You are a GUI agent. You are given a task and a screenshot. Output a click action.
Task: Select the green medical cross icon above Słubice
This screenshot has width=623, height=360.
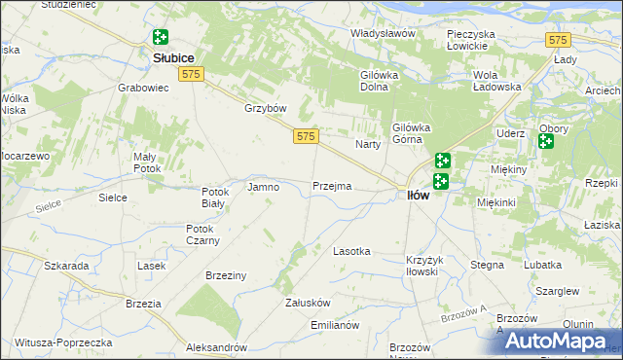click(160, 38)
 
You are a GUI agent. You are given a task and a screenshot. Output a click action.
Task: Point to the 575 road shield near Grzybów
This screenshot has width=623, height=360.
click(304, 138)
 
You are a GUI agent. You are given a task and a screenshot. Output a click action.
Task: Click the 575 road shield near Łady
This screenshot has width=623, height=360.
click(557, 40)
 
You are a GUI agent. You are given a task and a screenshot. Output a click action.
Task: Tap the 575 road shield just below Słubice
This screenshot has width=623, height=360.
click(191, 75)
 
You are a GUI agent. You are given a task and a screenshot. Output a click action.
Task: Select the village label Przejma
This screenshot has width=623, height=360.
click(332, 186)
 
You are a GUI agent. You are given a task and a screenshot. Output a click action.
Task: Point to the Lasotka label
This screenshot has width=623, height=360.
click(351, 251)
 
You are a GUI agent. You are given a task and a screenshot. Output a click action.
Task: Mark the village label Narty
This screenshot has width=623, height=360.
click(367, 144)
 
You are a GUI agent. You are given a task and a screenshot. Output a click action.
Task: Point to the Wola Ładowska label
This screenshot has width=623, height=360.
click(497, 81)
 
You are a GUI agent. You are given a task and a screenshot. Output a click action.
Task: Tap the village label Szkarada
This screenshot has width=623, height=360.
click(67, 265)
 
